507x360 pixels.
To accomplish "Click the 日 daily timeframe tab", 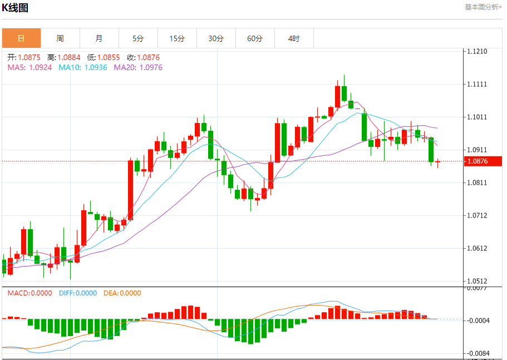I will click(x=21, y=38).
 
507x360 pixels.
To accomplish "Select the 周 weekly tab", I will click(x=60, y=38).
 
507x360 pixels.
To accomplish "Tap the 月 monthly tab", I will click(x=99, y=38).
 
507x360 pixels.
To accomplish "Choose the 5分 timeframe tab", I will click(x=138, y=38).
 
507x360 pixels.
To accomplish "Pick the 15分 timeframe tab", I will click(x=177, y=38).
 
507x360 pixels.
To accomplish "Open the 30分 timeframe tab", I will click(x=216, y=38).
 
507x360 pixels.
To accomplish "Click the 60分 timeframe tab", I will click(x=255, y=38).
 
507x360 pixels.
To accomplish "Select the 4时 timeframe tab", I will click(x=294, y=38).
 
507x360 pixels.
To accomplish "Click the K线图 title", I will click(x=15, y=8).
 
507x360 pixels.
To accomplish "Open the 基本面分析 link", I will click(x=483, y=7).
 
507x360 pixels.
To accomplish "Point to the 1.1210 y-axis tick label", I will click(x=477, y=52).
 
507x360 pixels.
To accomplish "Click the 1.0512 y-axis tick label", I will click(x=477, y=282).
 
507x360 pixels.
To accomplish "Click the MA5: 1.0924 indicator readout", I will click(x=29, y=67).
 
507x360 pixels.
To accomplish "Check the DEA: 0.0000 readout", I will click(x=122, y=293).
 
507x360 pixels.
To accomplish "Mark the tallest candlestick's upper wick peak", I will click(x=344, y=75).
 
